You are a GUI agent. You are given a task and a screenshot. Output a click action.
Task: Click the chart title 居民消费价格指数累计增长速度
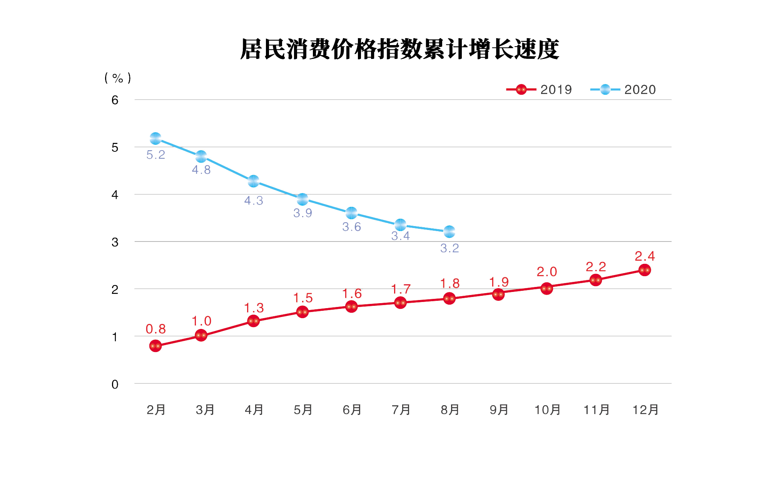399,49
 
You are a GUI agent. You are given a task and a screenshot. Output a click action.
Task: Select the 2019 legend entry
539,90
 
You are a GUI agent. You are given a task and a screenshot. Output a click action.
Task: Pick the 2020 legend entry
623,90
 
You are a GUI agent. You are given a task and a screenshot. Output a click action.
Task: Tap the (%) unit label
118,78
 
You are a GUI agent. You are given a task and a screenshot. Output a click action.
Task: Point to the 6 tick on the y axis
115,101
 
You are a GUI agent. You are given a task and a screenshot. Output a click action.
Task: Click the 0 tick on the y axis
115,384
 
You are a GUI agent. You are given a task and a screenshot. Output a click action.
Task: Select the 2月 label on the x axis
156,410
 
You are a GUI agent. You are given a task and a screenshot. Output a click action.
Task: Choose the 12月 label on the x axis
645,410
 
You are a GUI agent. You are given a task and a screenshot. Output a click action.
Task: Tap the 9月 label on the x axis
499,410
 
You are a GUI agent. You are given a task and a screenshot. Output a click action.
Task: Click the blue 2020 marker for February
155,138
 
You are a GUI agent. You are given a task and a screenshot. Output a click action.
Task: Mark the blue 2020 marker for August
449,232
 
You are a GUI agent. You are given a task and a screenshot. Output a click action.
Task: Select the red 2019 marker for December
645,270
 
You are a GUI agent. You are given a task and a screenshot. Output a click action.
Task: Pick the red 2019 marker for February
155,346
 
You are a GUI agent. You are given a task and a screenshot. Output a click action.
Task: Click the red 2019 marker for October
546,288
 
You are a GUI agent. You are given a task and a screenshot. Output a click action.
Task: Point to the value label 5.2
155,155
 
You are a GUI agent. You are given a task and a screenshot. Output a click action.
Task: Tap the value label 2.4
645,256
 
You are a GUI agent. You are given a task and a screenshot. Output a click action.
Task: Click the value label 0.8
155,329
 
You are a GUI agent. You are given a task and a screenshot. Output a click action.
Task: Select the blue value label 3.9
302,213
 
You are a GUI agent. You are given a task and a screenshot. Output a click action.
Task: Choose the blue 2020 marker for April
253,181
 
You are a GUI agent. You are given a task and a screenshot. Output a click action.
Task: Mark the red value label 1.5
302,298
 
